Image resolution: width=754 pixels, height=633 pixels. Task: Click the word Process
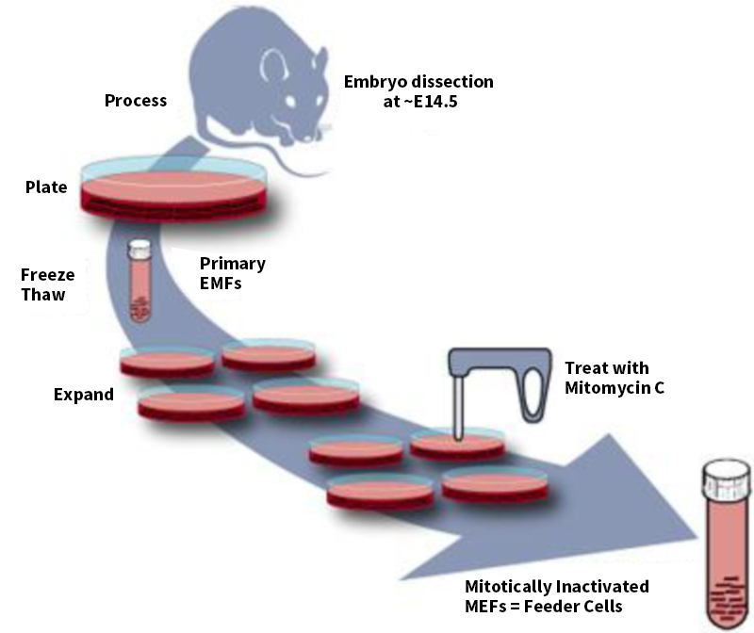coord(136,100)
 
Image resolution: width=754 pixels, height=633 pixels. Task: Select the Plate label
coord(46,187)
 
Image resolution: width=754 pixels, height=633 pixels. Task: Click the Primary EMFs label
coord(233,272)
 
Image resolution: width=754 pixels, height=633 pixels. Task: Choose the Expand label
coord(83,394)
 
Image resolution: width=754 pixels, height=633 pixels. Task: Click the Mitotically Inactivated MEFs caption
coord(569,596)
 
